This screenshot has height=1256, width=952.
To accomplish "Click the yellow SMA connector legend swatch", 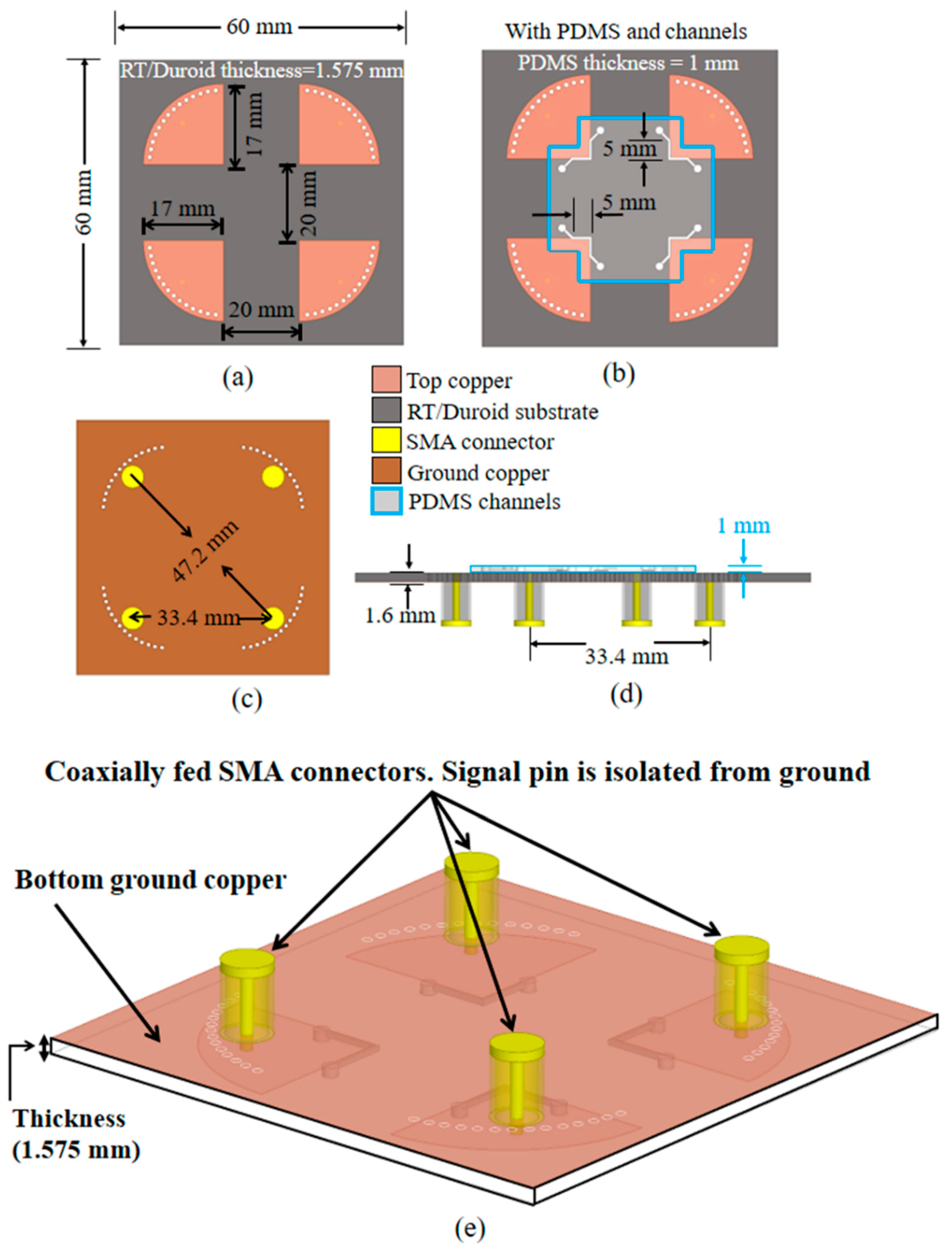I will [386, 442].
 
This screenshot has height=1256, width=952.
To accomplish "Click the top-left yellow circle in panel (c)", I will [132, 476].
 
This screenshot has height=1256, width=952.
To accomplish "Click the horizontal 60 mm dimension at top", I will [259, 27].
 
